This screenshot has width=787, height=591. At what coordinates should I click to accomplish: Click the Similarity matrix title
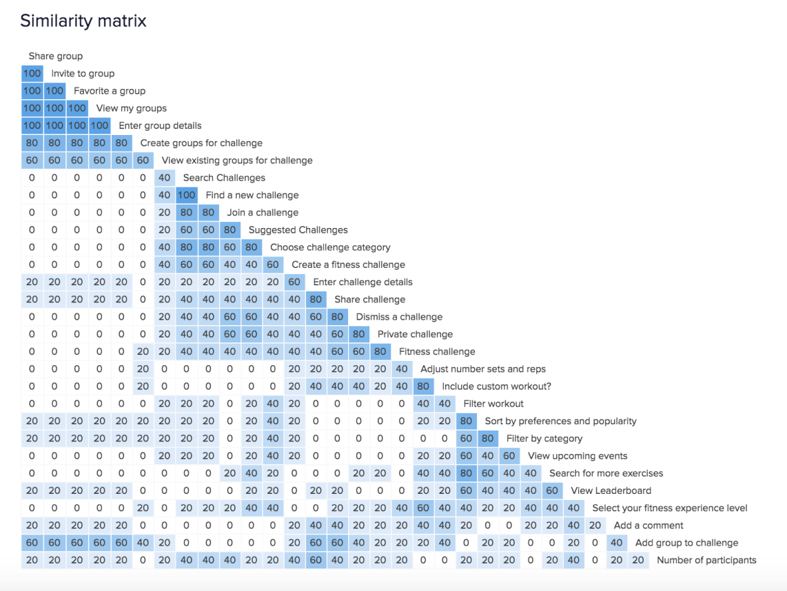point(83,21)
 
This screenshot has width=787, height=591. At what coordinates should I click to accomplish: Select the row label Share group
point(56,56)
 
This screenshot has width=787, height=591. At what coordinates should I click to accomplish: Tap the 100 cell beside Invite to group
point(32,74)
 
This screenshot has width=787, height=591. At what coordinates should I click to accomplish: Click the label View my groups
point(131,108)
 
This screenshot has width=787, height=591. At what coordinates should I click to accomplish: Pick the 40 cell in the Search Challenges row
point(164,178)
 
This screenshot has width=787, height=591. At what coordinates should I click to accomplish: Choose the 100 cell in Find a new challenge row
point(187,195)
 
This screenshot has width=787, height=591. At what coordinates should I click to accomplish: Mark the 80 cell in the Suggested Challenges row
point(229,230)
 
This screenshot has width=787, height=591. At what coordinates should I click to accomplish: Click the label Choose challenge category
point(330,247)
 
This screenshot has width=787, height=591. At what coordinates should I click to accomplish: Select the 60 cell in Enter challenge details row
point(295,282)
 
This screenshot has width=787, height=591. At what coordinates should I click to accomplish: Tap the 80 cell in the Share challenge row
point(316,300)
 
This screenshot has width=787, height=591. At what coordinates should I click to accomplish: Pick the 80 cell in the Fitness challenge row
point(380,351)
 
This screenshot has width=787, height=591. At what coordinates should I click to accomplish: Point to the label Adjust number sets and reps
point(482,369)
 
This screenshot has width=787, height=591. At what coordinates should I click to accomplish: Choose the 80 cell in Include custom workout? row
point(423,386)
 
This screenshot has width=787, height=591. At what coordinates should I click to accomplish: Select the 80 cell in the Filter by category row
point(489,439)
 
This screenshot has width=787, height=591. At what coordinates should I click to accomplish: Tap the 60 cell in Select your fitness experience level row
point(423,508)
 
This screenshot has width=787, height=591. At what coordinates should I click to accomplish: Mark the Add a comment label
point(648,526)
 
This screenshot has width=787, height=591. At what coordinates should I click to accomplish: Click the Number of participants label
point(706,560)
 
